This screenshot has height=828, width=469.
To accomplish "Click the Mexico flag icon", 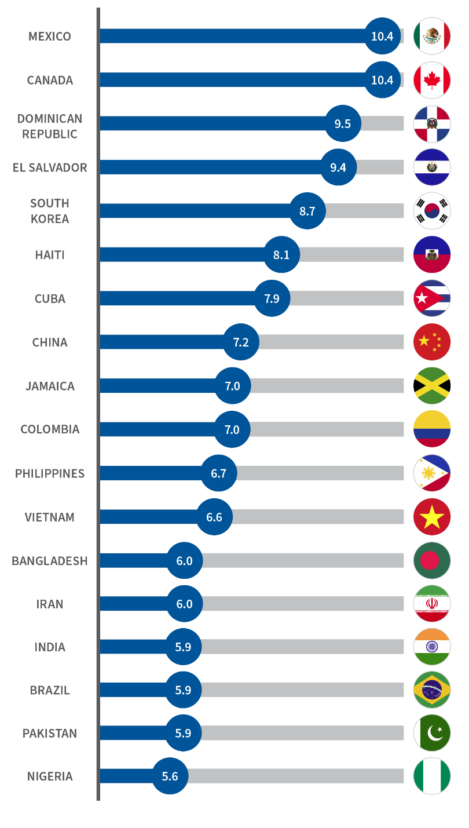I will [x=432, y=36].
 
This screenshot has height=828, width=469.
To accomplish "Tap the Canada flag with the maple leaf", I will [x=432, y=80].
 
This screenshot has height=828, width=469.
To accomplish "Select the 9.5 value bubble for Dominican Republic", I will [x=342, y=123].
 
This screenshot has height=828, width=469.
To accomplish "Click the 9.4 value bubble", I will [x=338, y=167].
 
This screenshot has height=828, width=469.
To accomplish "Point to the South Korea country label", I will [x=50, y=211].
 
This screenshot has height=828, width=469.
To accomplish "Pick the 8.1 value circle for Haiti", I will [x=281, y=254].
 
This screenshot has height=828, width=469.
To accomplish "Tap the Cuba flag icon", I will [x=432, y=298].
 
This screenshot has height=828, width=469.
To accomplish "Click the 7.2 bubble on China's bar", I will [x=241, y=342].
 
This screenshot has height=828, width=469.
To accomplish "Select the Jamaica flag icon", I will [x=432, y=385].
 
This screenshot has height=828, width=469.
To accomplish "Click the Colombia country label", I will [x=50, y=429].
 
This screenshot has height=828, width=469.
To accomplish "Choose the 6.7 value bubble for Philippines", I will [x=218, y=473].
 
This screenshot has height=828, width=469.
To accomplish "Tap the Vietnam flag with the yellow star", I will [x=432, y=516].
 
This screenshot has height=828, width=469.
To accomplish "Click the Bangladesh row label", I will [x=50, y=561].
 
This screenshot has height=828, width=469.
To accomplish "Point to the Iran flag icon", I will [x=432, y=604].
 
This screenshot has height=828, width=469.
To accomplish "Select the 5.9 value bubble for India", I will [x=183, y=647].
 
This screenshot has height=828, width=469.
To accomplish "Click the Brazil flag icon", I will [x=432, y=690].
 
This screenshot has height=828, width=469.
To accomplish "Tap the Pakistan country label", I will [x=50, y=733].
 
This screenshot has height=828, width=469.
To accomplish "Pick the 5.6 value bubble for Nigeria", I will [x=170, y=776].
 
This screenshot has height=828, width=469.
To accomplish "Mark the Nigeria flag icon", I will [x=432, y=776].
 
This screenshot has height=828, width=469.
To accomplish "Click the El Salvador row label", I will [x=50, y=167].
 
